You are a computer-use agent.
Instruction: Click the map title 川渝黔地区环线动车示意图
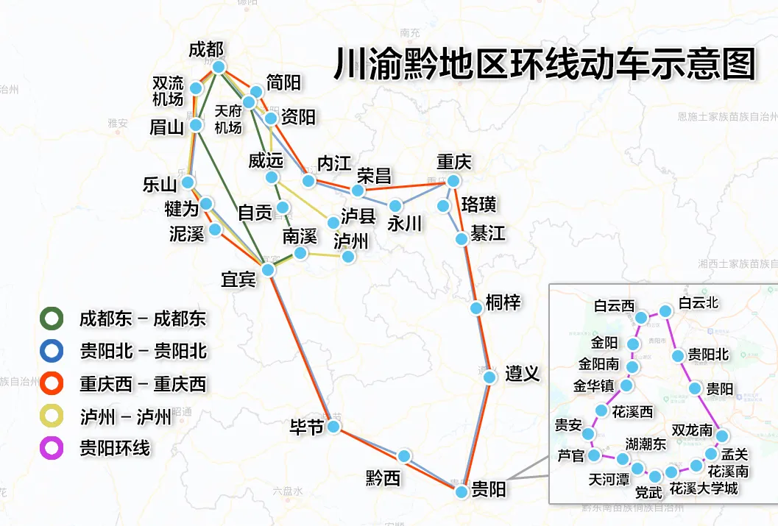(x=545, y=64)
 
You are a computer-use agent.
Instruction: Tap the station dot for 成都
(x=219, y=66)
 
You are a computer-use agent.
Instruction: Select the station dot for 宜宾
(x=268, y=270)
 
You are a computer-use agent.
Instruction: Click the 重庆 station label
(x=453, y=161)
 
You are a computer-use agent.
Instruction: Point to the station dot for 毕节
(x=333, y=427)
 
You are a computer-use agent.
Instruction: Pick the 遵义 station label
(x=523, y=374)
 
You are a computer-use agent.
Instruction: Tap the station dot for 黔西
(x=404, y=456)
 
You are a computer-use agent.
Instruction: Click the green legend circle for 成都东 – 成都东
(x=52, y=319)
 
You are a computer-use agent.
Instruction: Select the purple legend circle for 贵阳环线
(x=52, y=448)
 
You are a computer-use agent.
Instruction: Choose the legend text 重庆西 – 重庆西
(x=143, y=384)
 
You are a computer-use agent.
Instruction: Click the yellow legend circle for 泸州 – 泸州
(x=52, y=416)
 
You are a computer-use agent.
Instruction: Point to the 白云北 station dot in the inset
(x=665, y=311)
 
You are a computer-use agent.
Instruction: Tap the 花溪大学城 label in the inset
(x=704, y=488)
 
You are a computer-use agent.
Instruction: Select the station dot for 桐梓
(x=475, y=308)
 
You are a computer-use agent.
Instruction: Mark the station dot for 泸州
(x=349, y=257)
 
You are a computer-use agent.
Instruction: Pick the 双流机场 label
(x=168, y=90)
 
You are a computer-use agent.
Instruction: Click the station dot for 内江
(x=309, y=181)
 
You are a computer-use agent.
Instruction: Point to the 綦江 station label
(x=488, y=233)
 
